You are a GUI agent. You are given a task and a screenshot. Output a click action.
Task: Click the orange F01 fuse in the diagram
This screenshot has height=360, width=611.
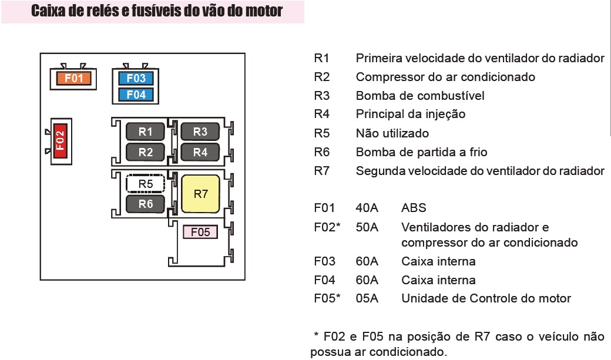[x=74, y=78]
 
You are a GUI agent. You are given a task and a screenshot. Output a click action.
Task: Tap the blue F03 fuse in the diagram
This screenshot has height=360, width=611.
[x=136, y=78]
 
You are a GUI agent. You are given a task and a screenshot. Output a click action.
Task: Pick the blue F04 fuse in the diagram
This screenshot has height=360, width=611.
[x=136, y=95]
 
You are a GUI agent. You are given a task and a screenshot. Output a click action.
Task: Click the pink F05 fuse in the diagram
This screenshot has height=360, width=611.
[x=200, y=232]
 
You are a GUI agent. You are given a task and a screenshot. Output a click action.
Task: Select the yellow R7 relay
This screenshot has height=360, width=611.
[x=200, y=194]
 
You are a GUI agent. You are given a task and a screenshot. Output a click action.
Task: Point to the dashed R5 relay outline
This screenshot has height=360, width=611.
[x=145, y=184]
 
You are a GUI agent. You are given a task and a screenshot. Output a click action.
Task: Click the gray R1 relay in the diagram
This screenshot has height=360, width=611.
[x=145, y=132]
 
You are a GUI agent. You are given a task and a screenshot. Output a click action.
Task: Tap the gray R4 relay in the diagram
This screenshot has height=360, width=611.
[x=200, y=152]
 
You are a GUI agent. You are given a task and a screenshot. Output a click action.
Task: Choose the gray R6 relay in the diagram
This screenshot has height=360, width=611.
[x=145, y=204]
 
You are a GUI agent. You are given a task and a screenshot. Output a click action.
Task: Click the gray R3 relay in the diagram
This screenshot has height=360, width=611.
[x=200, y=132]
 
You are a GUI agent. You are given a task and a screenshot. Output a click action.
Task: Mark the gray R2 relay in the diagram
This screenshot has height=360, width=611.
[x=145, y=152]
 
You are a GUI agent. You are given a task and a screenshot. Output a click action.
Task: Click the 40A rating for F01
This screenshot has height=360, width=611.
[x=367, y=208]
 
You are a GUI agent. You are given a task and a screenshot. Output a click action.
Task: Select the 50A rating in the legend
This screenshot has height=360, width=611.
[x=367, y=227]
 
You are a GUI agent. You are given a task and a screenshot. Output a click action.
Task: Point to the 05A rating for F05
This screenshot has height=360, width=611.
[x=367, y=298]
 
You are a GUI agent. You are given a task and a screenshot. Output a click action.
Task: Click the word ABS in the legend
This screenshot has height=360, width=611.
[x=414, y=208]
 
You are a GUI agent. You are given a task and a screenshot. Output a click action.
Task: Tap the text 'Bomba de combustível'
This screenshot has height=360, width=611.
[x=420, y=96]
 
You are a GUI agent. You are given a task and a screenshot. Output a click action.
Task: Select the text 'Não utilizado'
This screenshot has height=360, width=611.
[x=392, y=133]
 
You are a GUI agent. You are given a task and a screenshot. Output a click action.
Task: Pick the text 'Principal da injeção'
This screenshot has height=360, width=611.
[x=411, y=115]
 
